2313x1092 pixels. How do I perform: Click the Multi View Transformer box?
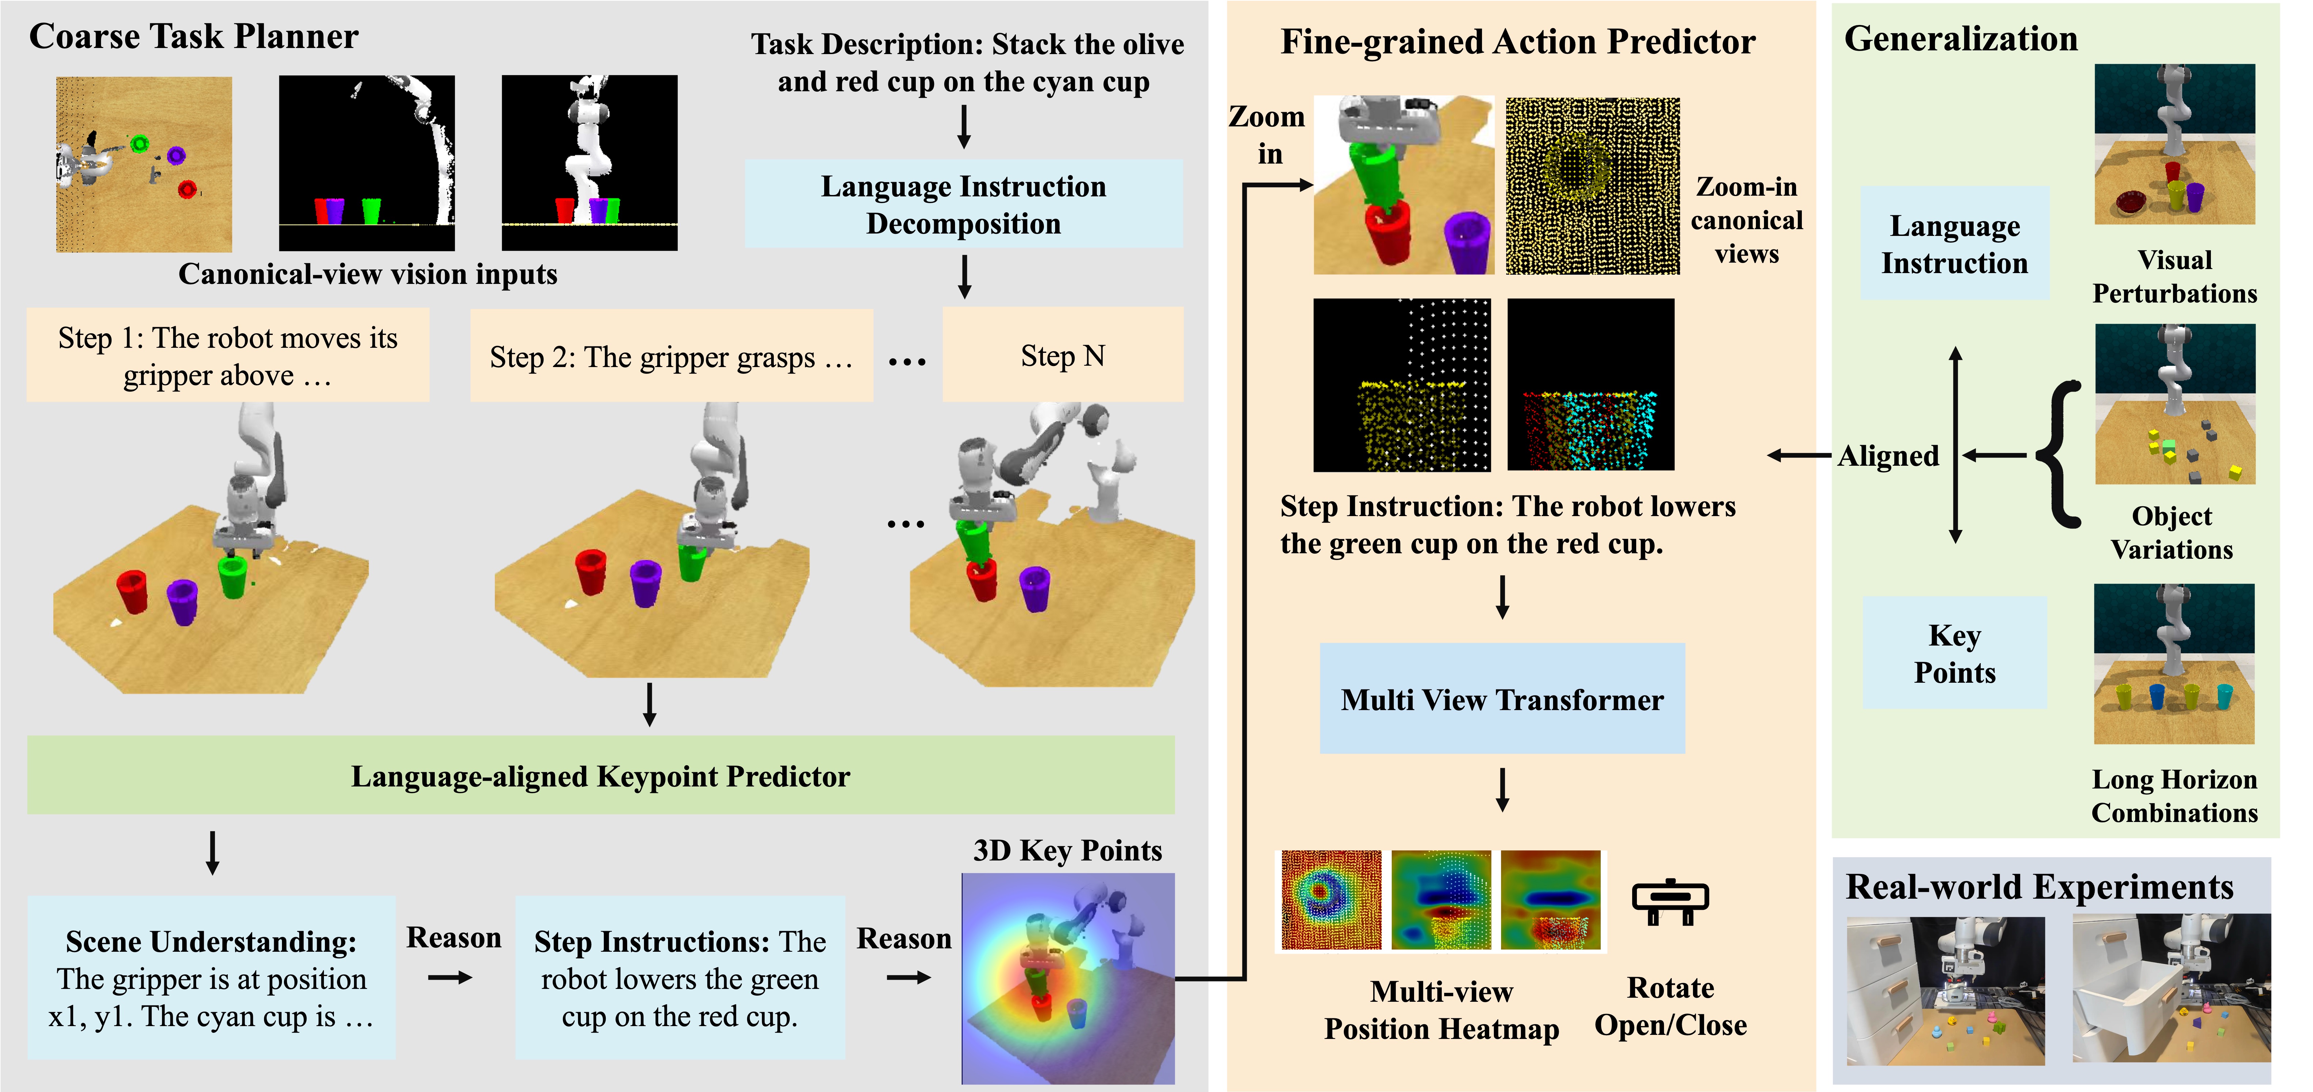coord(1501,699)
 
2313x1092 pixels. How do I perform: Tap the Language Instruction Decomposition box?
coord(963,205)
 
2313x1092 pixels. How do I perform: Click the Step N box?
coord(1062,356)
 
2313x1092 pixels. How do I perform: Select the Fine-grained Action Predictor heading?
coord(1518,41)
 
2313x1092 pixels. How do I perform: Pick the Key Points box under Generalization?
coord(1955,654)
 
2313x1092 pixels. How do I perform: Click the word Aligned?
coord(1888,456)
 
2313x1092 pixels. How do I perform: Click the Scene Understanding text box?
coord(211,978)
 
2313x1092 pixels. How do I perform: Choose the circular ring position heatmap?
coord(1331,900)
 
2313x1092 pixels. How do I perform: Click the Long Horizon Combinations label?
coord(2174,796)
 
